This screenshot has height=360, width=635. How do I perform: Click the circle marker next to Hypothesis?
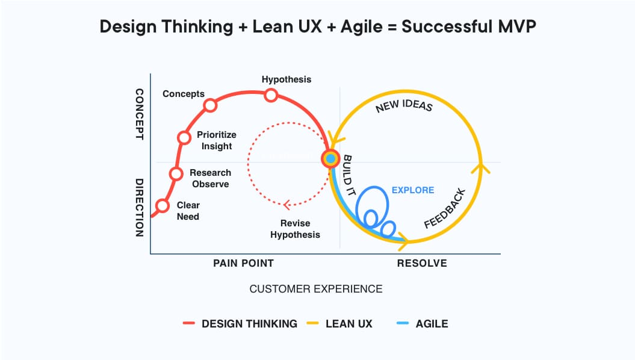[271, 95]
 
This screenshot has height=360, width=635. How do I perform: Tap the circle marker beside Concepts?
[210, 105]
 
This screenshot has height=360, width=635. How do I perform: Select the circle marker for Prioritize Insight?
[184, 137]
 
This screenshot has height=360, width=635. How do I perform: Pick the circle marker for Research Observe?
[176, 174]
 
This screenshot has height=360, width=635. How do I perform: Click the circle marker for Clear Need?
[162, 206]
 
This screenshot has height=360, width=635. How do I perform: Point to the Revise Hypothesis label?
[295, 229]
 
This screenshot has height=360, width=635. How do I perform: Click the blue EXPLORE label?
[412, 190]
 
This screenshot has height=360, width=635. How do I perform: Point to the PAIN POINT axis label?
[243, 263]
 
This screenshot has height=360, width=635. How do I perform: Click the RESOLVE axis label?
[422, 263]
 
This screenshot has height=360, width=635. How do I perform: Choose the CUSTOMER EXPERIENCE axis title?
[315, 289]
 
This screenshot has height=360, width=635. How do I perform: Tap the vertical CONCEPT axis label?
[138, 114]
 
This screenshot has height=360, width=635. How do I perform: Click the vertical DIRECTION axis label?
[138, 208]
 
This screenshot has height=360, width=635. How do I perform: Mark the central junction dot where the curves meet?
[330, 159]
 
